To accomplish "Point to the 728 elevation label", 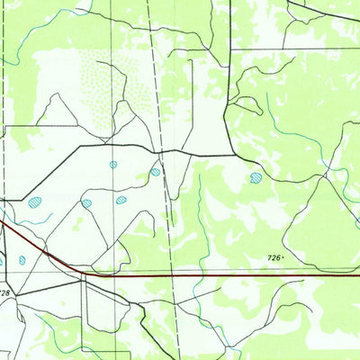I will (5, 292).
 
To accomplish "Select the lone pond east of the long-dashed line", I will (256, 177).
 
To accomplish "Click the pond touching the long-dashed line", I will (156, 171).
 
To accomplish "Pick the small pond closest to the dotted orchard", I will (113, 165).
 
